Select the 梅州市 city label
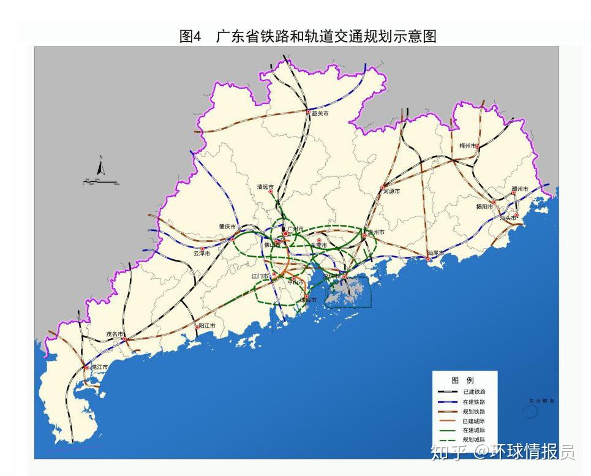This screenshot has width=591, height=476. [468, 146]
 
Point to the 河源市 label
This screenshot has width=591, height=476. [391, 192]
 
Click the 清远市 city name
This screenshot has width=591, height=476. [265, 187]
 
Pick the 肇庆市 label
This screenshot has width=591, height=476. [227, 226]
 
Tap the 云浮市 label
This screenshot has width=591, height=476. [201, 253]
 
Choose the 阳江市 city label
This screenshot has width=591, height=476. [208, 327]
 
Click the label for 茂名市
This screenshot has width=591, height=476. [115, 334]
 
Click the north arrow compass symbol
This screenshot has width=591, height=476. [101, 166]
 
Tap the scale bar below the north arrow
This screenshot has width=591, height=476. [101, 182]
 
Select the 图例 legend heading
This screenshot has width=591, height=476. [462, 380]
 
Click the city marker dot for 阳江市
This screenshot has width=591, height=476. [197, 327]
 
